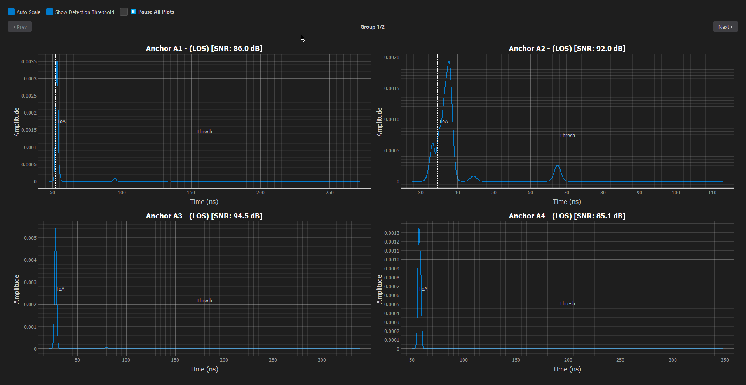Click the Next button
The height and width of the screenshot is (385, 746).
pyautogui.click(x=725, y=27)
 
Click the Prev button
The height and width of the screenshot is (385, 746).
pyautogui.click(x=20, y=27)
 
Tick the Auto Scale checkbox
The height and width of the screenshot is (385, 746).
pyautogui.click(x=11, y=12)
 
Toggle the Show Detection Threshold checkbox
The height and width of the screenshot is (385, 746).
pyautogui.click(x=50, y=12)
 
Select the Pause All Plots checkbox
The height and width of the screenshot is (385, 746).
pyautogui.click(x=133, y=12)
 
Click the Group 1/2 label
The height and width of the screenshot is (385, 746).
pyautogui.click(x=372, y=27)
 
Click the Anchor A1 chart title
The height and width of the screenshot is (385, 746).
pyautogui.click(x=204, y=49)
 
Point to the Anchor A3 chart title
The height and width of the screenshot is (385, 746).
pyautogui.click(x=204, y=216)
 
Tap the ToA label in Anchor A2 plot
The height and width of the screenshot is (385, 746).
pyautogui.click(x=444, y=122)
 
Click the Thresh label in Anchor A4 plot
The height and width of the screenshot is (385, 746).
pyautogui.click(x=567, y=304)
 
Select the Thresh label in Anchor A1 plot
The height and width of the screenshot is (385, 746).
pyautogui.click(x=204, y=132)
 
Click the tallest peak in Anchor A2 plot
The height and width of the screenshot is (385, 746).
pyautogui.click(x=449, y=61)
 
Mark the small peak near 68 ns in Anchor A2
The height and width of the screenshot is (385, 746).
pyautogui.click(x=558, y=166)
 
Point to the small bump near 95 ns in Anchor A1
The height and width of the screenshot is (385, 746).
pyautogui.click(x=115, y=179)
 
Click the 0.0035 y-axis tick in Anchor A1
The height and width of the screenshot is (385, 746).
pyautogui.click(x=29, y=62)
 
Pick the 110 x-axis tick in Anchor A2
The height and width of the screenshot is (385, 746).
pyautogui.click(x=712, y=193)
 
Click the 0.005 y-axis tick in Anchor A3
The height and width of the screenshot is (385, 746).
pyautogui.click(x=30, y=238)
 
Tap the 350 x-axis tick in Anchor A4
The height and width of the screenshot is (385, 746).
pyautogui.click(x=725, y=360)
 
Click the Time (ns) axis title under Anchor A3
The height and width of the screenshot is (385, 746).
pyautogui.click(x=204, y=369)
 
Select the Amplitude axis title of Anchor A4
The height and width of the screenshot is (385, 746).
pyautogui.click(x=380, y=289)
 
